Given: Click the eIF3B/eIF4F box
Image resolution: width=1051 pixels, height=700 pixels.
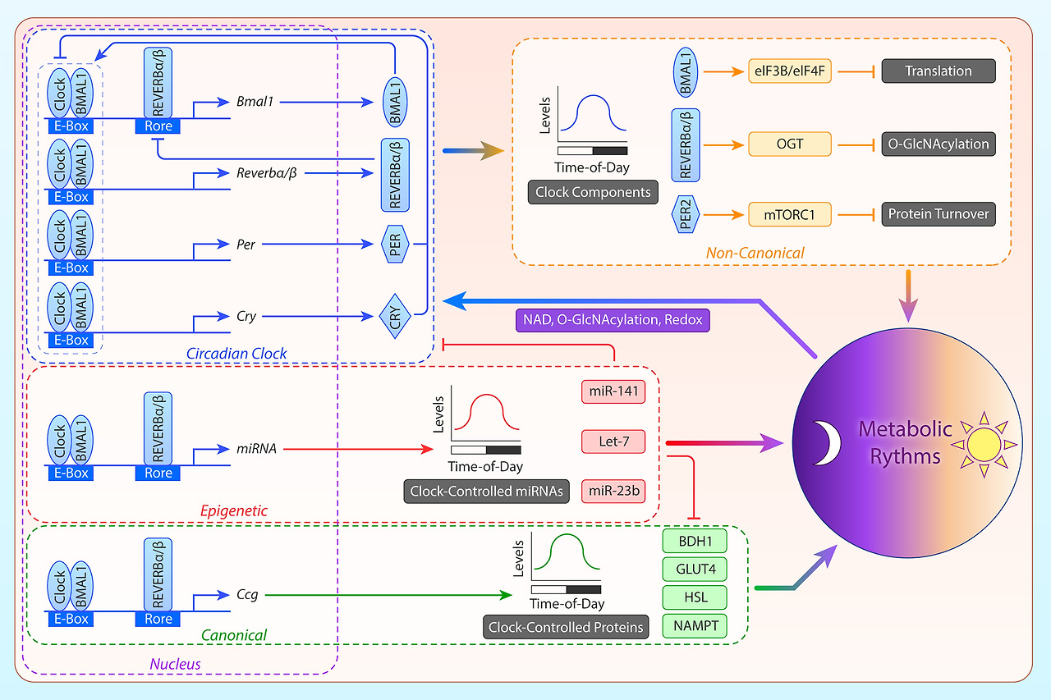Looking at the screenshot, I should click(789, 71).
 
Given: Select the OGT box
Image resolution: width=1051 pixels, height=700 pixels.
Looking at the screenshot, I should click(789, 144).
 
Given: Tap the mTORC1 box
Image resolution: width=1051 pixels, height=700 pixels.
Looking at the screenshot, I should click(789, 215).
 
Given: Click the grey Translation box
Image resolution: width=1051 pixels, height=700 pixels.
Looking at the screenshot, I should click(938, 71).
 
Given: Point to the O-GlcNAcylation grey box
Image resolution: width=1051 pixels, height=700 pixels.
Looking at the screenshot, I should click(938, 144).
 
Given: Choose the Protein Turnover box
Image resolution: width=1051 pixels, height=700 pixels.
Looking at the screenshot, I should click(938, 215).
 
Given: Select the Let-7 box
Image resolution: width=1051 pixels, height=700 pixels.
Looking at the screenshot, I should click(613, 442).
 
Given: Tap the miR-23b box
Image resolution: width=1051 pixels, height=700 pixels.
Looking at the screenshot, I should click(613, 492).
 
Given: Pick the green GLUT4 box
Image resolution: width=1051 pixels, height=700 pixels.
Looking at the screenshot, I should click(694, 570).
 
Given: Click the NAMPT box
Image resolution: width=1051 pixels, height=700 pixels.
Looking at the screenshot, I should click(694, 626).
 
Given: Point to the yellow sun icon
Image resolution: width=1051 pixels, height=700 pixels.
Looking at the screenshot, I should click(983, 444).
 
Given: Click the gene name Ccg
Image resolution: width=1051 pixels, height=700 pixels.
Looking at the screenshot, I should click(247, 595).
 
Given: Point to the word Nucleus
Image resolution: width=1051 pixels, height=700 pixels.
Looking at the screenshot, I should click(174, 663).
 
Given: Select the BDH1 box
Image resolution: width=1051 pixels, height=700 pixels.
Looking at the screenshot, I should click(694, 542).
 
